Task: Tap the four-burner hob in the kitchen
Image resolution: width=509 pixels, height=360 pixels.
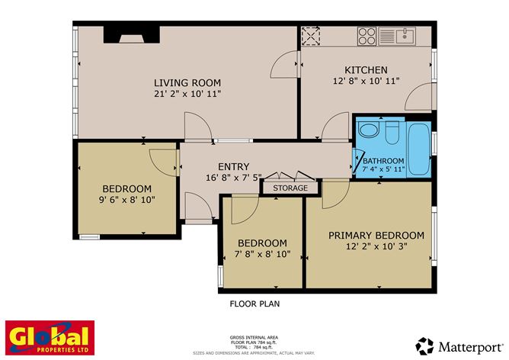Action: tap(367, 36)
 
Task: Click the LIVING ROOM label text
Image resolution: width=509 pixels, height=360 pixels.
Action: tap(187, 82)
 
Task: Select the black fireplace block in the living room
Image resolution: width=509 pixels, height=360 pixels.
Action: tap(131, 34)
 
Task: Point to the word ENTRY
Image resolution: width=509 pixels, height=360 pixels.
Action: tap(233, 166)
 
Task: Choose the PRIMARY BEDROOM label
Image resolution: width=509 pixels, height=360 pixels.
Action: tap(376, 235)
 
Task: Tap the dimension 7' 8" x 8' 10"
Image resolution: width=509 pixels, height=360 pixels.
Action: tap(262, 254)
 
